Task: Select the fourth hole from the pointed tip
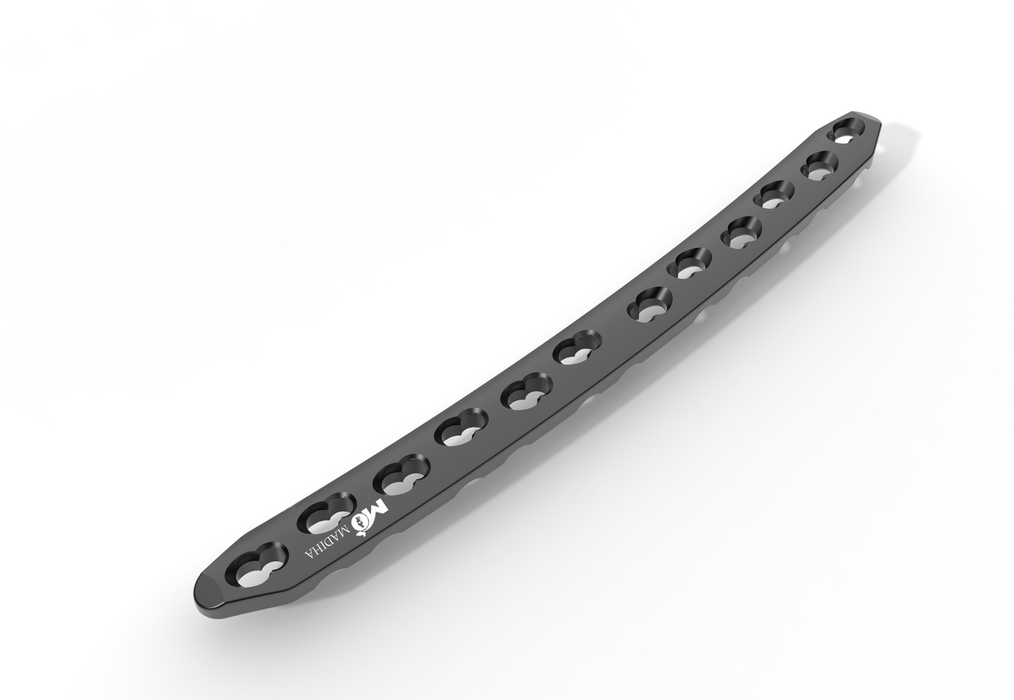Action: [x=744, y=233]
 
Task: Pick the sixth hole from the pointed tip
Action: [x=650, y=305]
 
